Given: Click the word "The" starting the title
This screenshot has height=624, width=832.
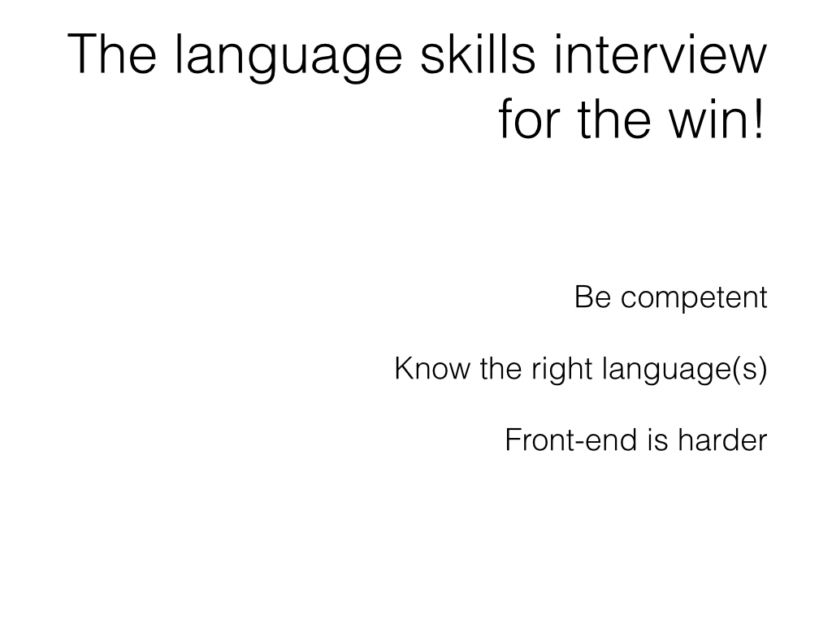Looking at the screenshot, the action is pyautogui.click(x=112, y=54).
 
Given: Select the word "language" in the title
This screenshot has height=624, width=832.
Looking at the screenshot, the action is pyautogui.click(x=288, y=58).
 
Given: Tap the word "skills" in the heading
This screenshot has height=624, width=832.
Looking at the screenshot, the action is pyautogui.click(x=478, y=54).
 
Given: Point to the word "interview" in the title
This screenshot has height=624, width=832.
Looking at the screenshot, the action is pyautogui.click(x=660, y=54).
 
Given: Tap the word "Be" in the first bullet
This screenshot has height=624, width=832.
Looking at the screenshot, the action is pyautogui.click(x=592, y=297).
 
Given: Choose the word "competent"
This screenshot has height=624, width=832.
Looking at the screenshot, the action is pyautogui.click(x=694, y=299).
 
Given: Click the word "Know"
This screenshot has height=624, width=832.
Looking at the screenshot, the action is pyautogui.click(x=432, y=368).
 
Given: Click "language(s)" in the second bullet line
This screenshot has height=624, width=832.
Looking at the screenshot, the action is pyautogui.click(x=685, y=370).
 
